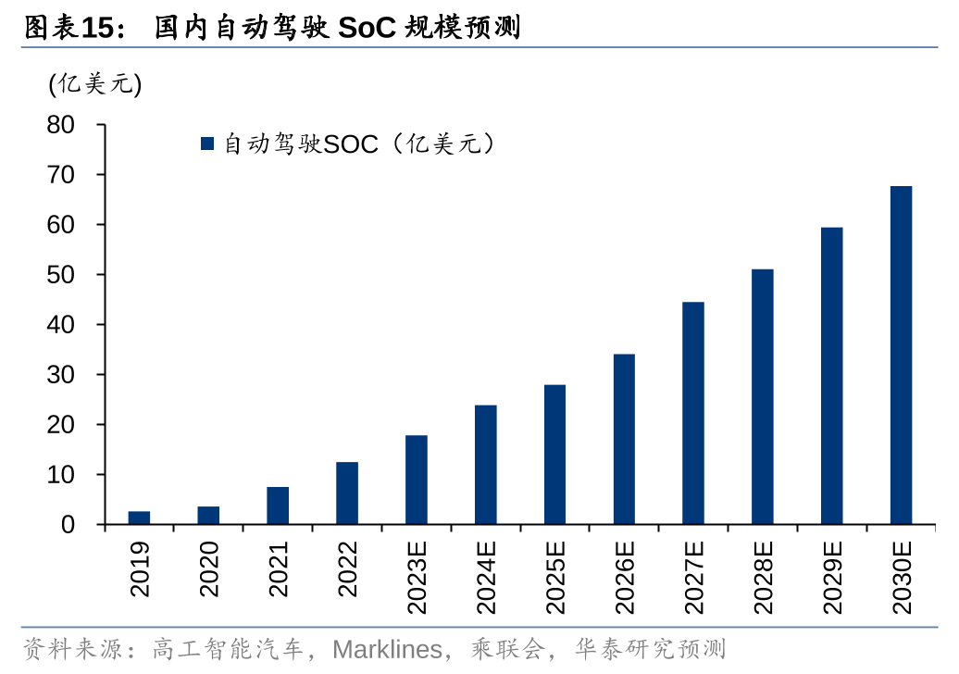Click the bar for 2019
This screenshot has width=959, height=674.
pyautogui.click(x=139, y=518)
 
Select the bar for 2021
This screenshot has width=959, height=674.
pyautogui.click(x=278, y=505)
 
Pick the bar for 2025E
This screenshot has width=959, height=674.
pyautogui.click(x=554, y=455)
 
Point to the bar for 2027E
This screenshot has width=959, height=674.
pyautogui.click(x=693, y=413)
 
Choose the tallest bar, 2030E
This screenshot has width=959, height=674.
pyautogui.click(x=901, y=356)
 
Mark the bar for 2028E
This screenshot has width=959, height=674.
pyautogui.click(x=762, y=397)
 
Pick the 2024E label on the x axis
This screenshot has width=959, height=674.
pyautogui.click(x=485, y=577)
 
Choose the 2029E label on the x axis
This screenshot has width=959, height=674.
pyautogui.click(x=831, y=577)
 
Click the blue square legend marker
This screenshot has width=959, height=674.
pyautogui.click(x=207, y=144)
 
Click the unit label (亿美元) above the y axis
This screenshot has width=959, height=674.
pyautogui.click(x=95, y=84)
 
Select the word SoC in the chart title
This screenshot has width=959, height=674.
pyautogui.click(x=367, y=29)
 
